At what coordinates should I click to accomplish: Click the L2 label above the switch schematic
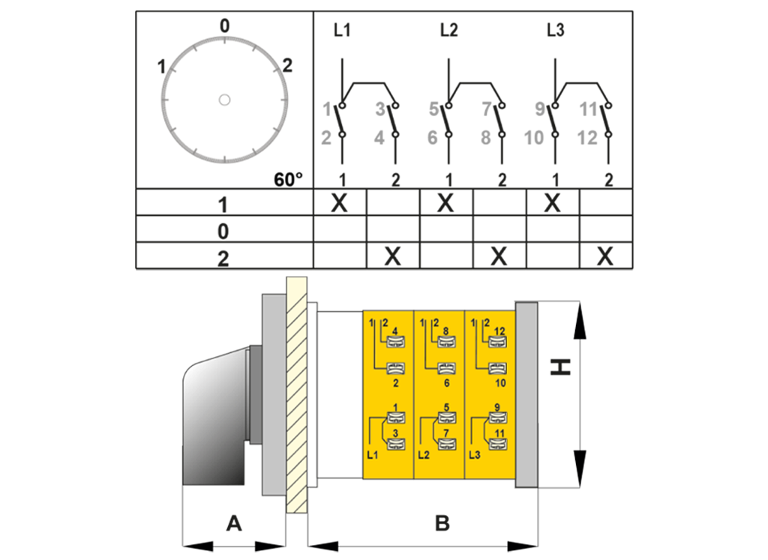coord(448,30)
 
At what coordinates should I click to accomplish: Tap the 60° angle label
coord(288,180)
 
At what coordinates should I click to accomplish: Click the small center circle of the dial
coord(224,100)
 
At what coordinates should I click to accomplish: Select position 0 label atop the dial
coord(224,25)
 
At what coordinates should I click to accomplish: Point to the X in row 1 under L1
coord(339,202)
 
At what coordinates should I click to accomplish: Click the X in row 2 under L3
coord(605,256)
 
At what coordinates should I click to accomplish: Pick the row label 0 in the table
coord(223,231)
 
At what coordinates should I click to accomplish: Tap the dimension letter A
coord(234,523)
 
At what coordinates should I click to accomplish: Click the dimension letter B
coord(442,523)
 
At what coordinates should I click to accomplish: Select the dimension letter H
coord(561,367)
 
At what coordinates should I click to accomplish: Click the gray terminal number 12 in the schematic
coord(587,138)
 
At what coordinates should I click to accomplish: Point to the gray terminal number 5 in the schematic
coord(433,109)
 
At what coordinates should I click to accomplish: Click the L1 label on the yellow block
coord(372,455)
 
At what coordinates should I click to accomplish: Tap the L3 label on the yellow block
coord(475,455)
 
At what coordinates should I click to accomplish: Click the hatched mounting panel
coord(296,395)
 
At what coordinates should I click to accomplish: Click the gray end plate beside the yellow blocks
coord(526,394)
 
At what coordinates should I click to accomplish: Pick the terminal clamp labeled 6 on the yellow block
coord(447,368)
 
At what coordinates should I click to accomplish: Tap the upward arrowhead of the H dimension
coord(580,321)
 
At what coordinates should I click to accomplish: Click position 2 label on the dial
coord(287,65)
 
